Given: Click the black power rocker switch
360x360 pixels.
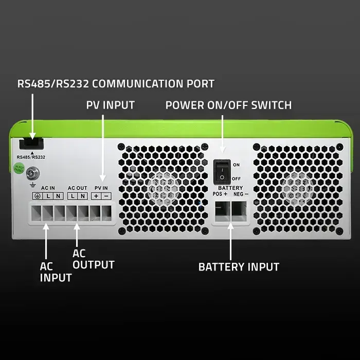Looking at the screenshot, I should point(222,171).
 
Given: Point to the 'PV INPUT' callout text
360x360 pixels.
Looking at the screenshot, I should point(110,105).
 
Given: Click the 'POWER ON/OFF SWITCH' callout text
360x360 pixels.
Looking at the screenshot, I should point(228,105).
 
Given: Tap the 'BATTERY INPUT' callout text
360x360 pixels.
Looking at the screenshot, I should point(239,267).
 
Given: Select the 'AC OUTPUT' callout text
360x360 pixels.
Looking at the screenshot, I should point(93,259).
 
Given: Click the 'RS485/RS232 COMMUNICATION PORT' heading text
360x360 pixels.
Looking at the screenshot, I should point(116,83).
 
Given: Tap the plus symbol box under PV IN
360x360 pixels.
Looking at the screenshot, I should point(96,196).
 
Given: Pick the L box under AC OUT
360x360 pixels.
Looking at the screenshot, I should point(73,196).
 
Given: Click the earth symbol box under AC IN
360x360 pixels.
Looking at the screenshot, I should point(38,196).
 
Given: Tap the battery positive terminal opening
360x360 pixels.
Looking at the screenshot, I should point(222,211).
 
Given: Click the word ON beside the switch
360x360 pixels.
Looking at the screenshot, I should point(236,165).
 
